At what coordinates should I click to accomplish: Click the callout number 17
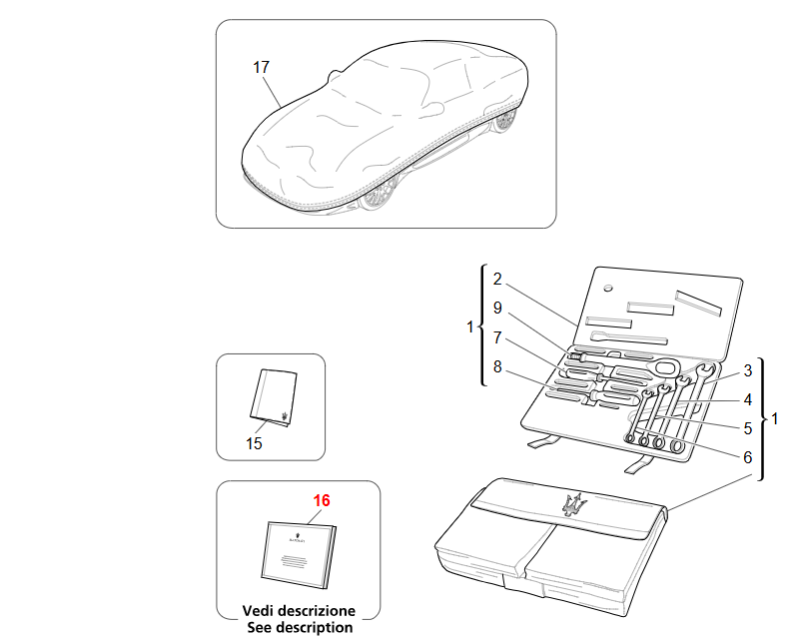(x=261, y=68)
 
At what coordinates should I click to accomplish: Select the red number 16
(x=322, y=500)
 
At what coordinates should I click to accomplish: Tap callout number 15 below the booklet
(x=254, y=443)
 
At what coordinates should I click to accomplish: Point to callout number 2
(x=497, y=280)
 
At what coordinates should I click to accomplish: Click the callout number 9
(x=497, y=308)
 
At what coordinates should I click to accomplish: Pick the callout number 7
(x=497, y=337)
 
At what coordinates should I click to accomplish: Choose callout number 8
(x=497, y=366)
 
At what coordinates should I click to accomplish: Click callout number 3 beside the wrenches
(x=748, y=370)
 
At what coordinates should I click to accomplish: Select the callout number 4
(x=748, y=399)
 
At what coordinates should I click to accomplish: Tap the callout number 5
(x=748, y=428)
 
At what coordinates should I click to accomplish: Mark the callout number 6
(x=748, y=457)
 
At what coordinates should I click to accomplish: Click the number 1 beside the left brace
(x=470, y=326)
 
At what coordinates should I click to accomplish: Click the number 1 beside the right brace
(x=774, y=419)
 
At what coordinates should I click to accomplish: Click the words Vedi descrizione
(x=299, y=611)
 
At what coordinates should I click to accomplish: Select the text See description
(x=300, y=627)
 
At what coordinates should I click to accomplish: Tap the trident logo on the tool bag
(x=573, y=505)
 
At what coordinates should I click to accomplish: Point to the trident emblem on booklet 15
(x=284, y=415)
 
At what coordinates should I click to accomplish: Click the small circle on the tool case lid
(x=607, y=289)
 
